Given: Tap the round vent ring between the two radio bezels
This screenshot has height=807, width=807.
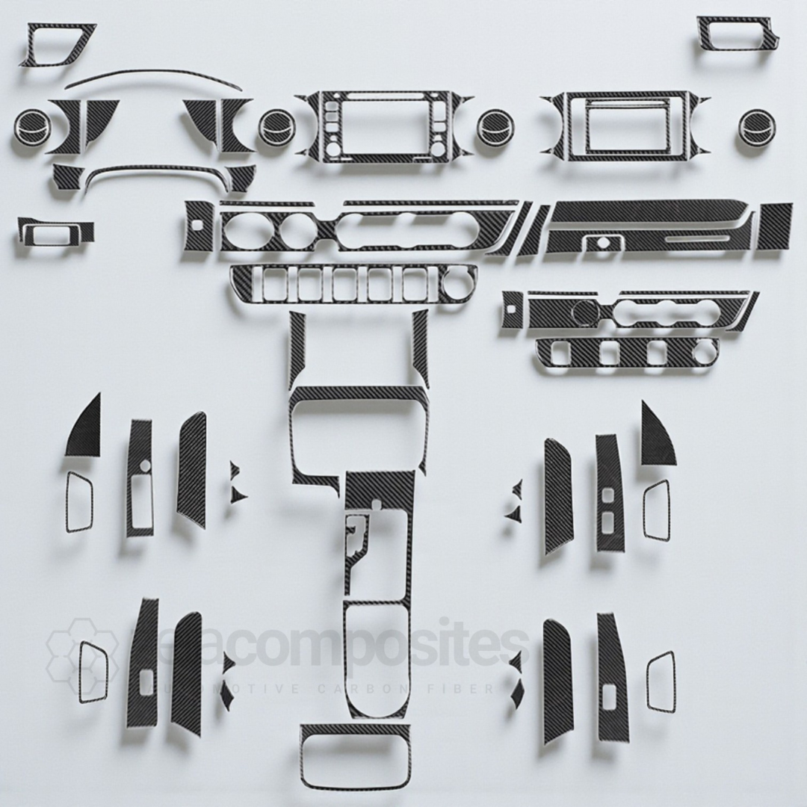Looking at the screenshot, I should (x=494, y=127).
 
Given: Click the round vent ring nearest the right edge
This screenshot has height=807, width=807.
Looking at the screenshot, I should (x=756, y=127).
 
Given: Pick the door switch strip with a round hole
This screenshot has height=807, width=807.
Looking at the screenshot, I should (x=140, y=478).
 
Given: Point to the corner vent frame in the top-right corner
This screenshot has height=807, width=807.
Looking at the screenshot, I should (x=739, y=34).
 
